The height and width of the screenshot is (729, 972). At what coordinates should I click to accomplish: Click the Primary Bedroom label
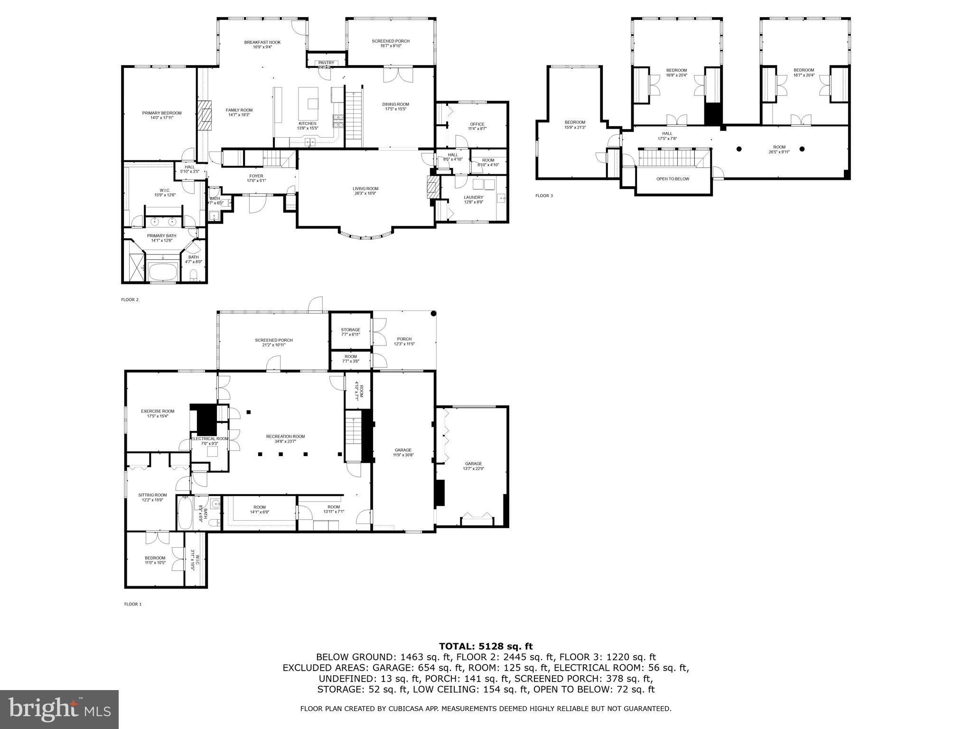click(162, 113)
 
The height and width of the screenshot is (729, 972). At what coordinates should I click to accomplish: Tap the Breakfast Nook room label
click(262, 42)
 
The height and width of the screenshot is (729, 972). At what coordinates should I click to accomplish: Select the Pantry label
click(326, 63)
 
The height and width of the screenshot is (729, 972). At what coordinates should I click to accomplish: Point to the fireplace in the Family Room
click(206, 115)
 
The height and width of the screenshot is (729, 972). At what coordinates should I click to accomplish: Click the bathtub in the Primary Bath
click(163, 272)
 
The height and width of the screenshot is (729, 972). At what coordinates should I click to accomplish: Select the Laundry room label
click(473, 197)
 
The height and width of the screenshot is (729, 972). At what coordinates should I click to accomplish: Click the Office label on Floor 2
click(477, 124)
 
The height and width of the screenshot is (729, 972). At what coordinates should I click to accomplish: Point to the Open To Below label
click(673, 179)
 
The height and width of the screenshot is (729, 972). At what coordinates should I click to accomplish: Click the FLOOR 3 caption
click(544, 196)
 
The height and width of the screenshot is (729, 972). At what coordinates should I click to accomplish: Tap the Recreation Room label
click(285, 436)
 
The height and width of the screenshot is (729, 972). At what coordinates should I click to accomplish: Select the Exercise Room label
click(158, 411)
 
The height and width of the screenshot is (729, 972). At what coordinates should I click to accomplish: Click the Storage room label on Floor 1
click(350, 330)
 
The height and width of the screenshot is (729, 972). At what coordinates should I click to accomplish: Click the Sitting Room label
click(152, 495)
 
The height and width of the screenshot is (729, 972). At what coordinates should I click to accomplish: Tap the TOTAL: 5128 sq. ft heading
click(486, 646)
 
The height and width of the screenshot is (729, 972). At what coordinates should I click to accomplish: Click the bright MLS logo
click(60, 709)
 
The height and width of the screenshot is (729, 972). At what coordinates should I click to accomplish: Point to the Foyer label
click(256, 176)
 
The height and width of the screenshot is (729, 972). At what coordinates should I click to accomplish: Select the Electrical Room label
click(210, 439)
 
